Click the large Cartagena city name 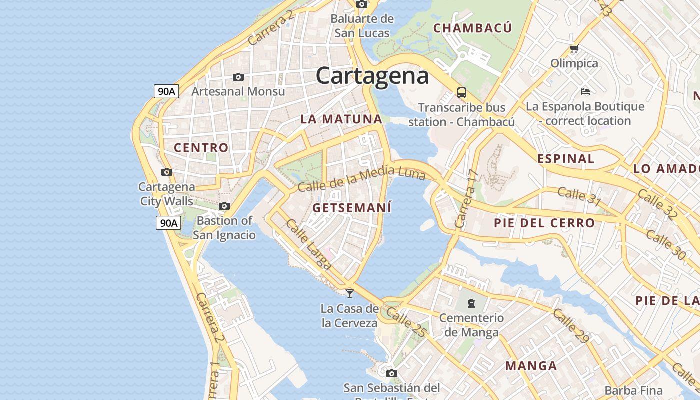click(x=372, y=76)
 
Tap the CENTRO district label click(x=201, y=148)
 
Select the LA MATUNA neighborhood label click(x=341, y=119)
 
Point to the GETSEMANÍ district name click(x=352, y=207)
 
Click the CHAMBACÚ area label click(x=472, y=28)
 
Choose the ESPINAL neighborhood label click(x=566, y=159)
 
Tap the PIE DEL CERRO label click(x=544, y=223)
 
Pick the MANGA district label click(x=531, y=366)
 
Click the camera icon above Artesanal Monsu click(x=238, y=77)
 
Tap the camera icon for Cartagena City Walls click(x=167, y=172)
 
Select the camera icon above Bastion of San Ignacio click(x=224, y=206)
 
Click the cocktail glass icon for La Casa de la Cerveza click(x=350, y=293)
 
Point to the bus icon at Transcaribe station click(x=461, y=93)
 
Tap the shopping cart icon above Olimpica click(x=574, y=49)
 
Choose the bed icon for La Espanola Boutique click(x=585, y=92)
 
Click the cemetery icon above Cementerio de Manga click(x=471, y=303)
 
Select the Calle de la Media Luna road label click(x=361, y=180)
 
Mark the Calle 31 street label click(x=579, y=196)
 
